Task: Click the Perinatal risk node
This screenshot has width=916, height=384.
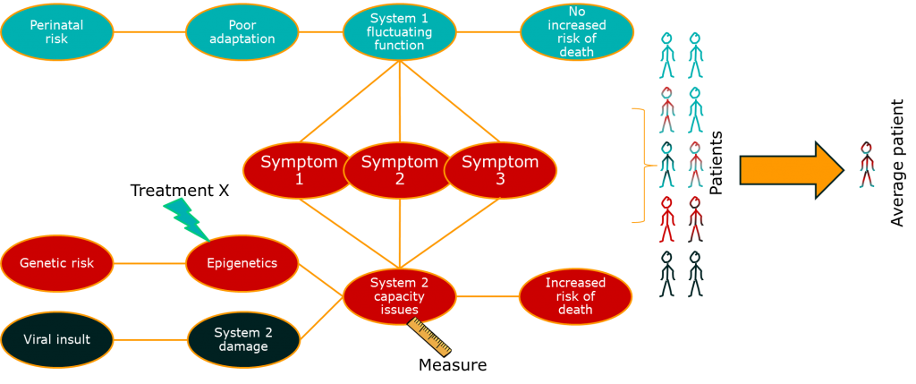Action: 56,32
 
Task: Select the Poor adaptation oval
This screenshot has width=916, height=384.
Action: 242,32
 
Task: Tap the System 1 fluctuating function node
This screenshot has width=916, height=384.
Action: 399,32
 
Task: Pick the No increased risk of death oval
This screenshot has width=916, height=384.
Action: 576,32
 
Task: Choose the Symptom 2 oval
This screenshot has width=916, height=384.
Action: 399,170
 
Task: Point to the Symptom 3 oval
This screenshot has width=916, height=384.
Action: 501,170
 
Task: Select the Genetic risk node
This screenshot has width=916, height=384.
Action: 56,263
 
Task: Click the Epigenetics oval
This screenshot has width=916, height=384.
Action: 242,263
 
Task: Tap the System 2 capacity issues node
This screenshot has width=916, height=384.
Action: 399,295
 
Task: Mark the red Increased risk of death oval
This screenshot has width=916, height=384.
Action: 575,295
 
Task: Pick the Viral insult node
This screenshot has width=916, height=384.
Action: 56,340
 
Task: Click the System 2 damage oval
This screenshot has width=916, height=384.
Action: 242,340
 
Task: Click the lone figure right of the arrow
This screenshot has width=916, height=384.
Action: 866,165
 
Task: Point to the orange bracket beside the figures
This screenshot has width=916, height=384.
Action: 640,165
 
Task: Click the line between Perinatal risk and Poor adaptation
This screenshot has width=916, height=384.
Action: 149,32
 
